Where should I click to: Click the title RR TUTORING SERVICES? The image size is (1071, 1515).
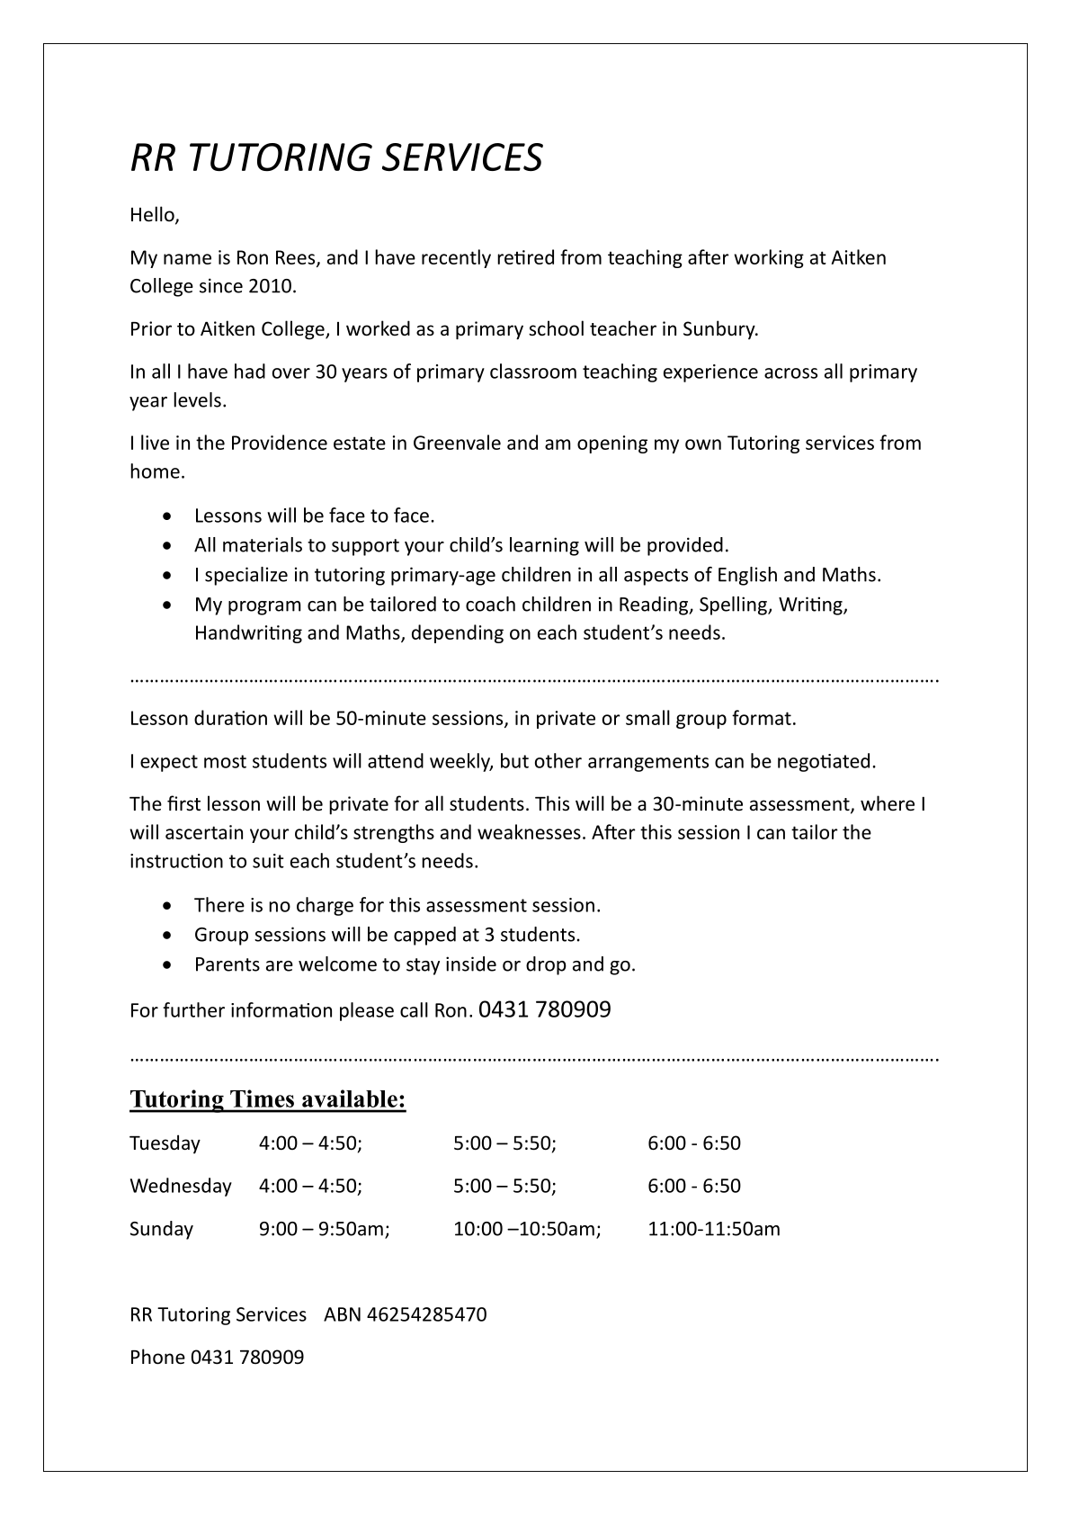coord(336,157)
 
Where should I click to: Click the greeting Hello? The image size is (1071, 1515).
coord(154,215)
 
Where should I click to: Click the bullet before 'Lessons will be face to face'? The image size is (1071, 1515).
coord(169,516)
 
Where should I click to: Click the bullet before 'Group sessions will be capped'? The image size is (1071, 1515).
coord(169,936)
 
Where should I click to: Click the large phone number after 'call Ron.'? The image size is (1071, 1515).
coord(545,1009)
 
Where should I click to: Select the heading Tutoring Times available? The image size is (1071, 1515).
coord(268,1098)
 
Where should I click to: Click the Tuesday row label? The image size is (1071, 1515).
coord(165,1143)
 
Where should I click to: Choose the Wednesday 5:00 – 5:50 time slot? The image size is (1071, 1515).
coord(504,1186)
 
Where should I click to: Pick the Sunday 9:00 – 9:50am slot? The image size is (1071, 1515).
coord(324,1228)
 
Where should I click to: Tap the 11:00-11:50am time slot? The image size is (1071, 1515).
coord(714,1228)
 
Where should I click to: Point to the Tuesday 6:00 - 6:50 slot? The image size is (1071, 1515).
coord(694,1143)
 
